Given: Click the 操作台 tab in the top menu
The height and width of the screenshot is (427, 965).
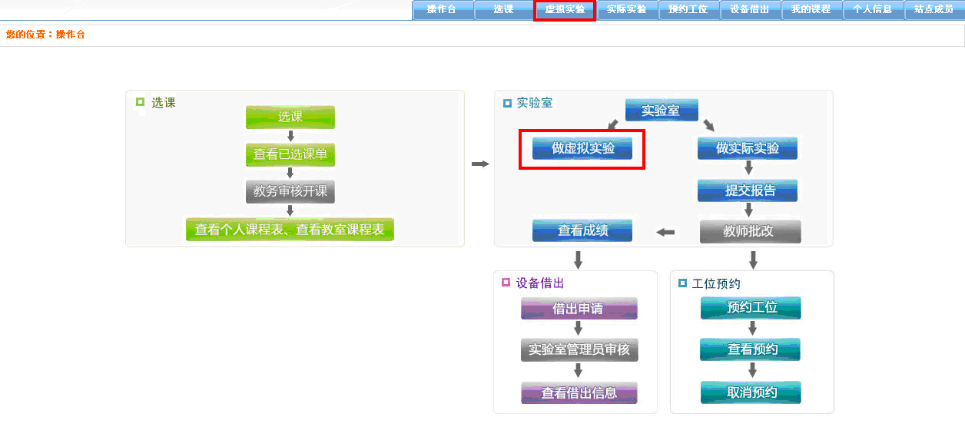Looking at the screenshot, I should point(442,10).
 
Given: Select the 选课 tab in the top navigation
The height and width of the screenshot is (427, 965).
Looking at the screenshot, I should point(503,10).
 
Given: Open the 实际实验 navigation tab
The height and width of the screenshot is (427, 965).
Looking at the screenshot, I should point(626,10).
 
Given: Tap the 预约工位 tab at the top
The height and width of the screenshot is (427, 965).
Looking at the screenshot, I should point(688,10).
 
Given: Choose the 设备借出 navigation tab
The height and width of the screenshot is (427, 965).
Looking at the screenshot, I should point(749,10).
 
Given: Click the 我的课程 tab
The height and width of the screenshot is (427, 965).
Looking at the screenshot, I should point(811,10).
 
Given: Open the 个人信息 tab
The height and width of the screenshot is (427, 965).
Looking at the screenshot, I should point(872,10).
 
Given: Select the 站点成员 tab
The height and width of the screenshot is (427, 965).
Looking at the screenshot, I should point(933,10).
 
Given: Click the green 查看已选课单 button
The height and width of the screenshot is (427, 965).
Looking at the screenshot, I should point(290,154).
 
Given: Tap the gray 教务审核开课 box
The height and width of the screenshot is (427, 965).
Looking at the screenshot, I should point(290,191).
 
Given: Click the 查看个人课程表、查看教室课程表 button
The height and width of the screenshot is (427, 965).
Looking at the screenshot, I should point(290,229).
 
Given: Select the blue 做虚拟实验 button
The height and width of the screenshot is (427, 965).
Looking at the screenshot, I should point(582,148).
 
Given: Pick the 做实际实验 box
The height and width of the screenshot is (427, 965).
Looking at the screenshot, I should point(748,148).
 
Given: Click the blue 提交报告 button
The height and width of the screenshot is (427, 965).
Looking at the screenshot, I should point(748,190).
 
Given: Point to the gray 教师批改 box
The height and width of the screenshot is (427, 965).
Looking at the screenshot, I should point(750,231).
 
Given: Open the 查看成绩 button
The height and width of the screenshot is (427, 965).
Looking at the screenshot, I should point(582,230).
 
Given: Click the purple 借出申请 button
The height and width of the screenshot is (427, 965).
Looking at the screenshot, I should point(579,309).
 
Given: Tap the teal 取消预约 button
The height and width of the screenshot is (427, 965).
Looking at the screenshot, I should point(751,392).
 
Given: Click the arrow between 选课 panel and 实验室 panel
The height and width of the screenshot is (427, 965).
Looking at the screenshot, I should point(480,164).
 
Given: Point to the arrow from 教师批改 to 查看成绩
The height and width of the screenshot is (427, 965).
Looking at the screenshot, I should point(665,232).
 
